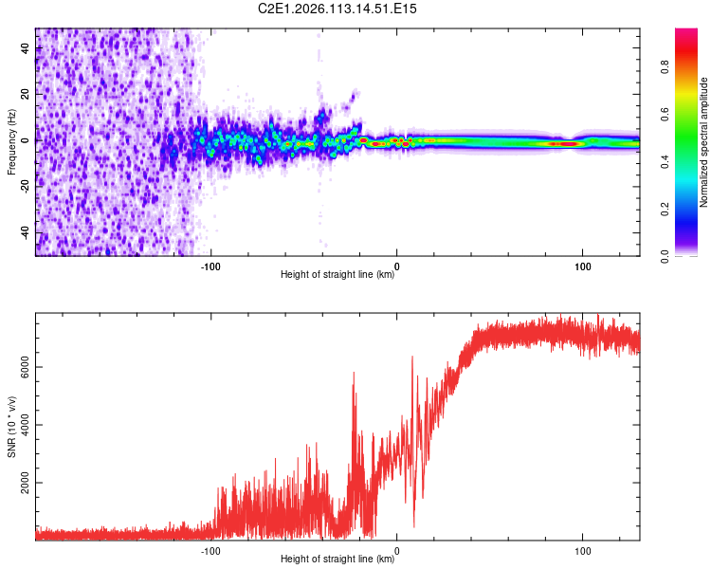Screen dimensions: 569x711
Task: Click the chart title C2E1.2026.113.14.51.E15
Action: (338, 9)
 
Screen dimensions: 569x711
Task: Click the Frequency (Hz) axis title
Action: (11, 141)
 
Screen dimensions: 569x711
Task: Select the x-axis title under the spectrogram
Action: (337, 276)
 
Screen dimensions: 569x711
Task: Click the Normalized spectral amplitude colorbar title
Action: (704, 141)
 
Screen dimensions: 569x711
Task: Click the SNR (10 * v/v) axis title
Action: (11, 428)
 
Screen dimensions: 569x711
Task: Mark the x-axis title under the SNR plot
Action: (337, 560)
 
